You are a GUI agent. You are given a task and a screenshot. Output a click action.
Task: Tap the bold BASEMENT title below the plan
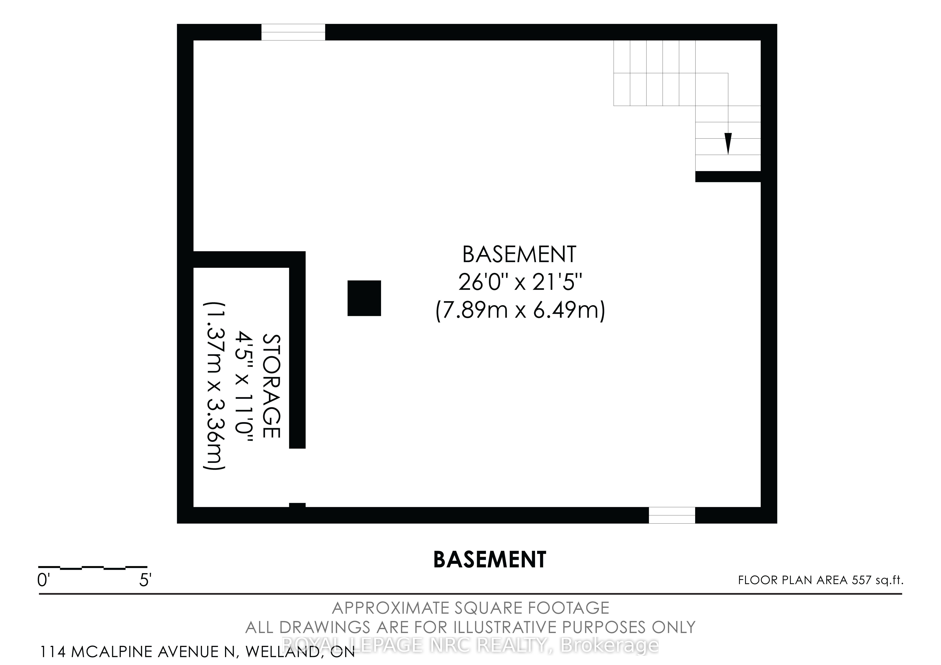490,559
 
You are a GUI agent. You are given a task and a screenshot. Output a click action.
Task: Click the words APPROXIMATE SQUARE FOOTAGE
470,608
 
